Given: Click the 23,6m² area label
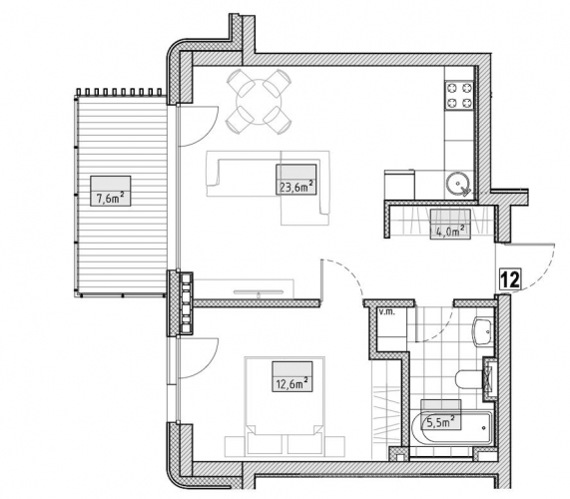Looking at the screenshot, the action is (x=295, y=187).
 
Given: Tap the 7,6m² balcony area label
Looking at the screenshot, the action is (x=110, y=198).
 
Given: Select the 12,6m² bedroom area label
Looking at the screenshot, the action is (x=292, y=383).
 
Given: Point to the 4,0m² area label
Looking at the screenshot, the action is (x=450, y=232).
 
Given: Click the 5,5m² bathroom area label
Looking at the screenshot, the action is (x=440, y=421).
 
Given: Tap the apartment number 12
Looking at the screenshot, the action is (x=510, y=279).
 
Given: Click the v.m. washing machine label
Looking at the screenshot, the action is (x=387, y=311).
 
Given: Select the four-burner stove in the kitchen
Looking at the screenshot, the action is (x=459, y=95).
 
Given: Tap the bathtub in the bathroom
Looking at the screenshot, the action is (x=452, y=427).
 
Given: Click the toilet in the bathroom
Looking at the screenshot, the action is (x=472, y=380).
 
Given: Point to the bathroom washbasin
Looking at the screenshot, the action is (x=483, y=331).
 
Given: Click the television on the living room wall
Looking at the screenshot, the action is (x=259, y=291).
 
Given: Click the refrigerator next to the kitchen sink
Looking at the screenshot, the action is (x=399, y=185).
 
